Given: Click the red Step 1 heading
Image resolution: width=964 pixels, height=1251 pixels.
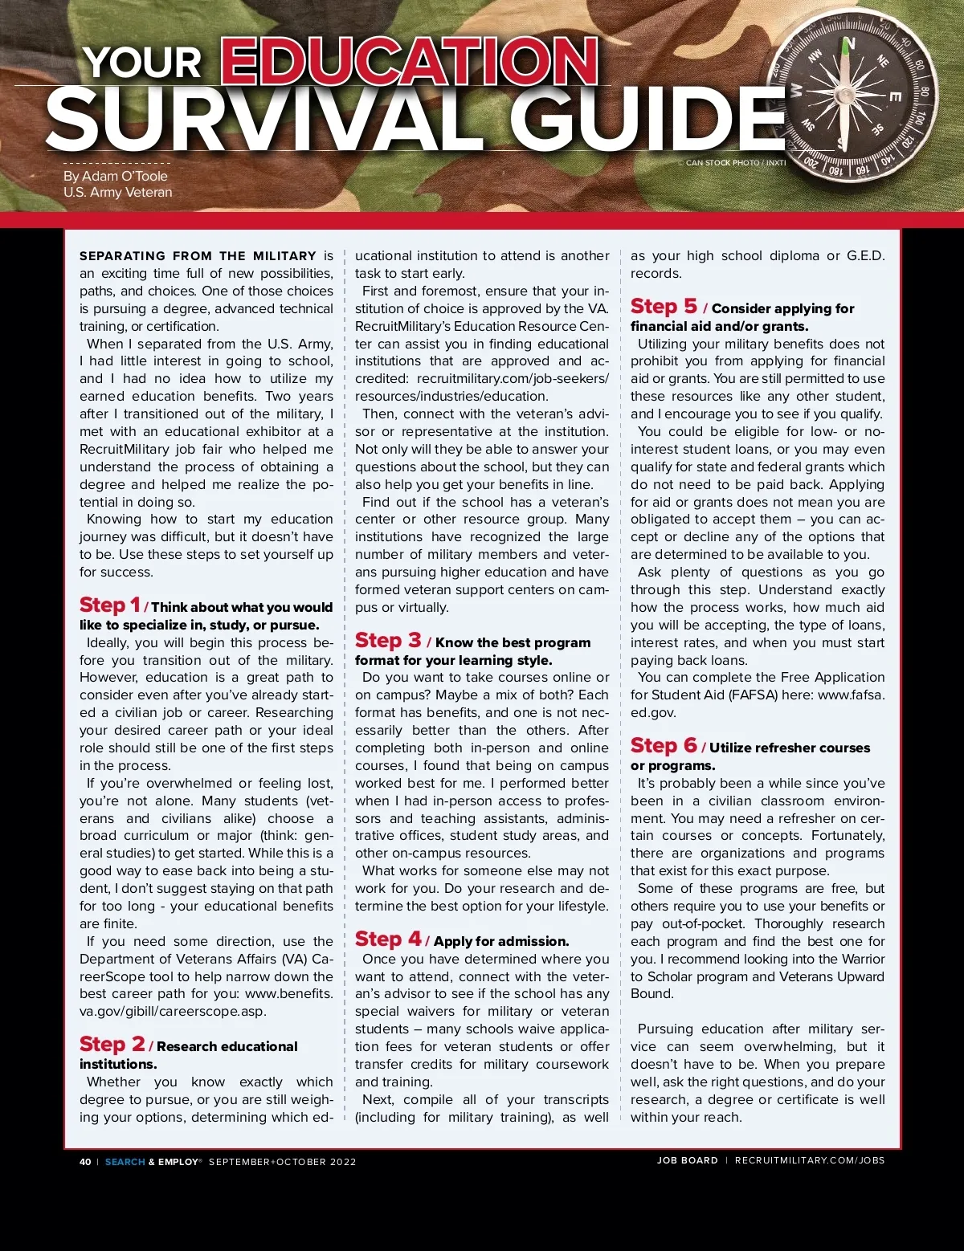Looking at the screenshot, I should click(110, 605).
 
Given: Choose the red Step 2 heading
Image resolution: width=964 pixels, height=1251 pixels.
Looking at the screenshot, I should click(112, 1045).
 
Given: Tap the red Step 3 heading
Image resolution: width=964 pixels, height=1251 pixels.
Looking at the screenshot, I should click(388, 641).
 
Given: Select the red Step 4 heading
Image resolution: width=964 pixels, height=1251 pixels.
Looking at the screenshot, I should click(388, 939).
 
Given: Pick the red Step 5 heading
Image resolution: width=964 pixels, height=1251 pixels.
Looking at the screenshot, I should click(664, 307).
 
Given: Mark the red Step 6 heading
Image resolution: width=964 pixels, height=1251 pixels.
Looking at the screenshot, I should click(664, 746).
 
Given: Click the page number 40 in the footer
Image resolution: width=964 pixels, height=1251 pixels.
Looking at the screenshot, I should click(85, 1162).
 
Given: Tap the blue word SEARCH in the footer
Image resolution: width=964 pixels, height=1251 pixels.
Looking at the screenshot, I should click(125, 1162).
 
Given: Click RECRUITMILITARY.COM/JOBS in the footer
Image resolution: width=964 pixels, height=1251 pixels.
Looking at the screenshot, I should click(810, 1160).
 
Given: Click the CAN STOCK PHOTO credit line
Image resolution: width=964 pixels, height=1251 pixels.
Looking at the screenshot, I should click(735, 163).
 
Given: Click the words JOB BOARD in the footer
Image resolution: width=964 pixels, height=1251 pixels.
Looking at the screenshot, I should click(687, 1160).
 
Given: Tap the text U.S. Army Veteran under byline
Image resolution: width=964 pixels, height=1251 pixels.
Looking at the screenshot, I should click(118, 193).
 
